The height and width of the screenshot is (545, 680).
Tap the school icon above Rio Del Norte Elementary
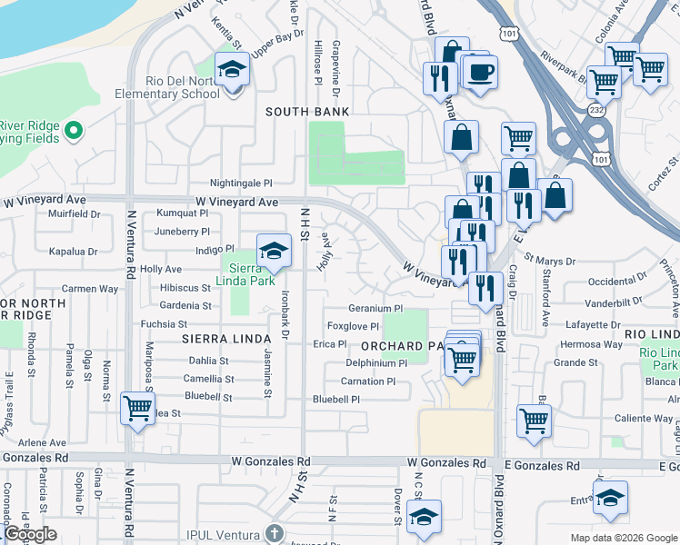pos(232,69)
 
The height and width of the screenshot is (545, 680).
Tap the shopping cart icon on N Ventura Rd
pos(137,409)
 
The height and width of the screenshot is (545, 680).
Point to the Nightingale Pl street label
pos(241,183)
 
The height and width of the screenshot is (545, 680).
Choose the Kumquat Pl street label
pos(183,213)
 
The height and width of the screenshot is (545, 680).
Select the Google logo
pos(31,534)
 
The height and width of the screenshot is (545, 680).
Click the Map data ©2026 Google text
pos(623,538)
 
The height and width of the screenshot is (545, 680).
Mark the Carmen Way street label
pos(90,288)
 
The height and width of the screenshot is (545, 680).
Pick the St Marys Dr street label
pos(549,261)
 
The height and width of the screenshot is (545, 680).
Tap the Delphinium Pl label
pos(376,362)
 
